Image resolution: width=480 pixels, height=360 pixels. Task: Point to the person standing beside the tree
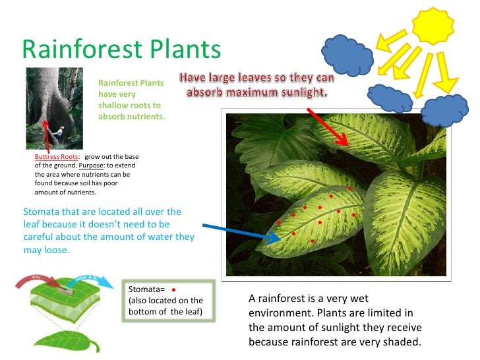tap(59, 132)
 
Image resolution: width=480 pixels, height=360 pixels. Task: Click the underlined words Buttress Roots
tap(57, 156)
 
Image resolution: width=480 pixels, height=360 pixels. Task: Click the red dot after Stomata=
tap(173, 289)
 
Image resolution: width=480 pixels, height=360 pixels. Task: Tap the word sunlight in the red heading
tap(300, 92)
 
